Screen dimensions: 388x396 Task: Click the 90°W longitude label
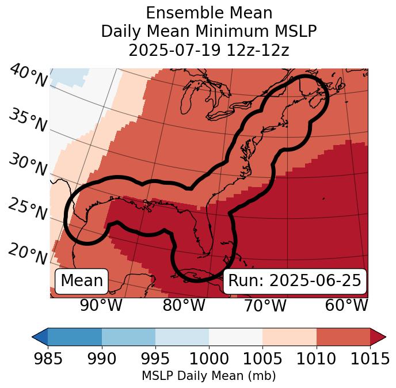click(x=101, y=305)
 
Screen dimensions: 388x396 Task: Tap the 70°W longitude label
click(x=265, y=305)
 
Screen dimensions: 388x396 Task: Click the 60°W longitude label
click(x=346, y=305)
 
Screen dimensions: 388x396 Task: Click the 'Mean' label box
click(x=82, y=281)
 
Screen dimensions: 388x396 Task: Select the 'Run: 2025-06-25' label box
click(x=295, y=281)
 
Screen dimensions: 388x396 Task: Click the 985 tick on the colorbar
click(x=48, y=359)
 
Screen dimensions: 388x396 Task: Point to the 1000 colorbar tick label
click(x=209, y=359)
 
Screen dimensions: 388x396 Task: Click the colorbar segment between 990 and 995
click(x=128, y=337)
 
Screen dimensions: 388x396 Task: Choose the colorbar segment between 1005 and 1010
click(x=290, y=337)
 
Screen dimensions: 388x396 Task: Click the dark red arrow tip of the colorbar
click(x=379, y=337)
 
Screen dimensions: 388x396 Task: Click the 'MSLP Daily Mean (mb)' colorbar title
click(x=209, y=376)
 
